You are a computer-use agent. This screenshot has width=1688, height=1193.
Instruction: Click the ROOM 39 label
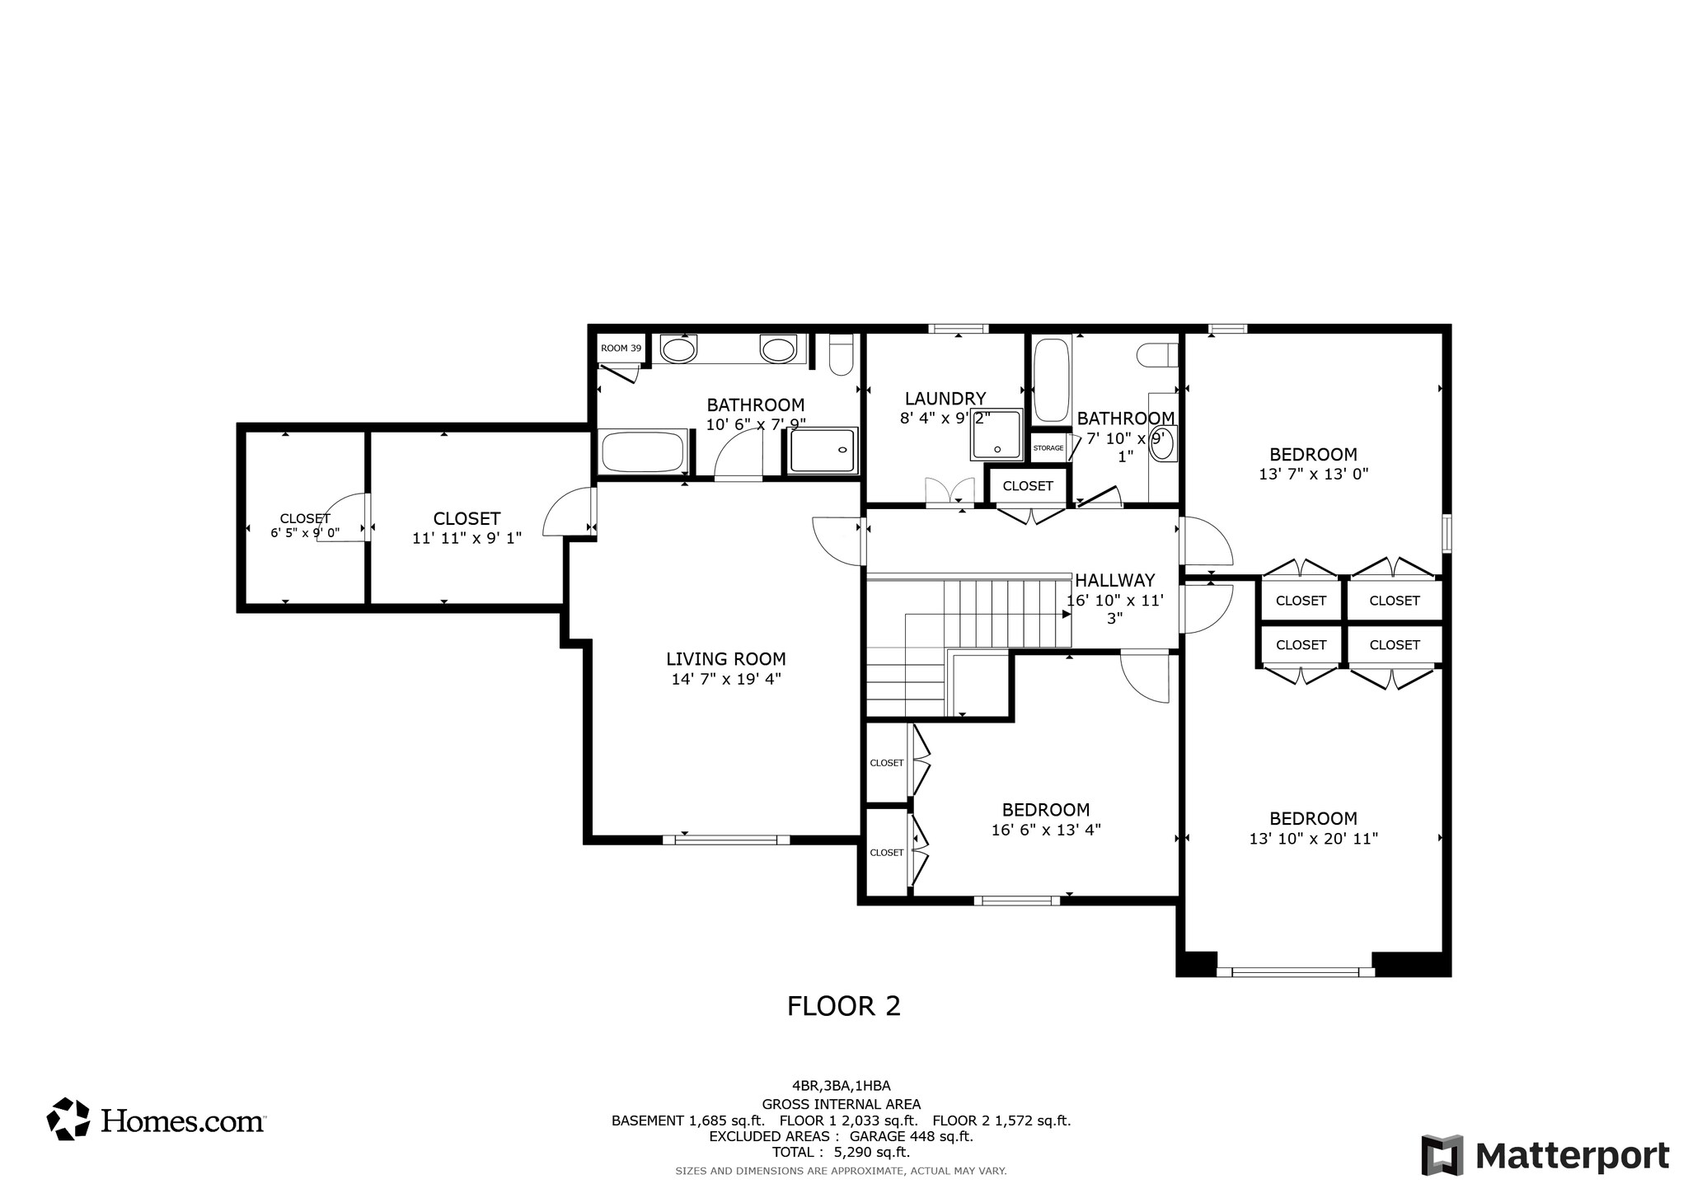tap(621, 349)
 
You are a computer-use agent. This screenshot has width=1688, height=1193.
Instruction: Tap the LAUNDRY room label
tap(945, 400)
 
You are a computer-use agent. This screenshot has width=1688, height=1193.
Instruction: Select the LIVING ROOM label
tap(726, 659)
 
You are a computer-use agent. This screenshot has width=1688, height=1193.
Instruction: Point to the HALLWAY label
tap(1114, 580)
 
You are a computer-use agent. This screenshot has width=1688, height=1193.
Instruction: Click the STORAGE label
tap(1048, 448)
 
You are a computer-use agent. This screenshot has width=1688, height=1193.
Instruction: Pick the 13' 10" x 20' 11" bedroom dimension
tap(1313, 839)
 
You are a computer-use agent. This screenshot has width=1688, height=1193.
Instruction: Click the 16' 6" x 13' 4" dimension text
tap(1046, 830)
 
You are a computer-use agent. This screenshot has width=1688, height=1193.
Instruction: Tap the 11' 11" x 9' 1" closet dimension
tap(467, 539)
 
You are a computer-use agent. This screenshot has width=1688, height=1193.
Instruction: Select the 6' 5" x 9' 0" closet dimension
tap(305, 533)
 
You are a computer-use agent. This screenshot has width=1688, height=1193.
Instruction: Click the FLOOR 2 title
tap(844, 1006)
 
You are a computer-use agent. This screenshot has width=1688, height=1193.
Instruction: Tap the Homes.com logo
tap(156, 1120)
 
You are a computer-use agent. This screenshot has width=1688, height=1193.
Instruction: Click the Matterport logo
tap(1545, 1155)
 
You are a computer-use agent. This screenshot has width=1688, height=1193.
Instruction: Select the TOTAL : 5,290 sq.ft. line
tap(841, 1153)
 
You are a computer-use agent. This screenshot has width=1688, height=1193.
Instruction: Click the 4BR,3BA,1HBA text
tap(841, 1086)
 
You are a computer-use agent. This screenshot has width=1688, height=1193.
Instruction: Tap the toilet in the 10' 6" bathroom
tap(842, 356)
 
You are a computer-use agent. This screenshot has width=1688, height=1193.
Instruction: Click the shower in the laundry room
tap(996, 434)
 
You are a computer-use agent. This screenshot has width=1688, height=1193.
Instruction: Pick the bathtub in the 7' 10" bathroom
tap(1052, 380)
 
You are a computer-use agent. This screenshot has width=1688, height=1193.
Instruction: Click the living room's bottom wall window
tap(726, 840)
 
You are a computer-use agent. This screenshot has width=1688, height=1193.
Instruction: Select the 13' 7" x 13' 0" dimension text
tap(1313, 475)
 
